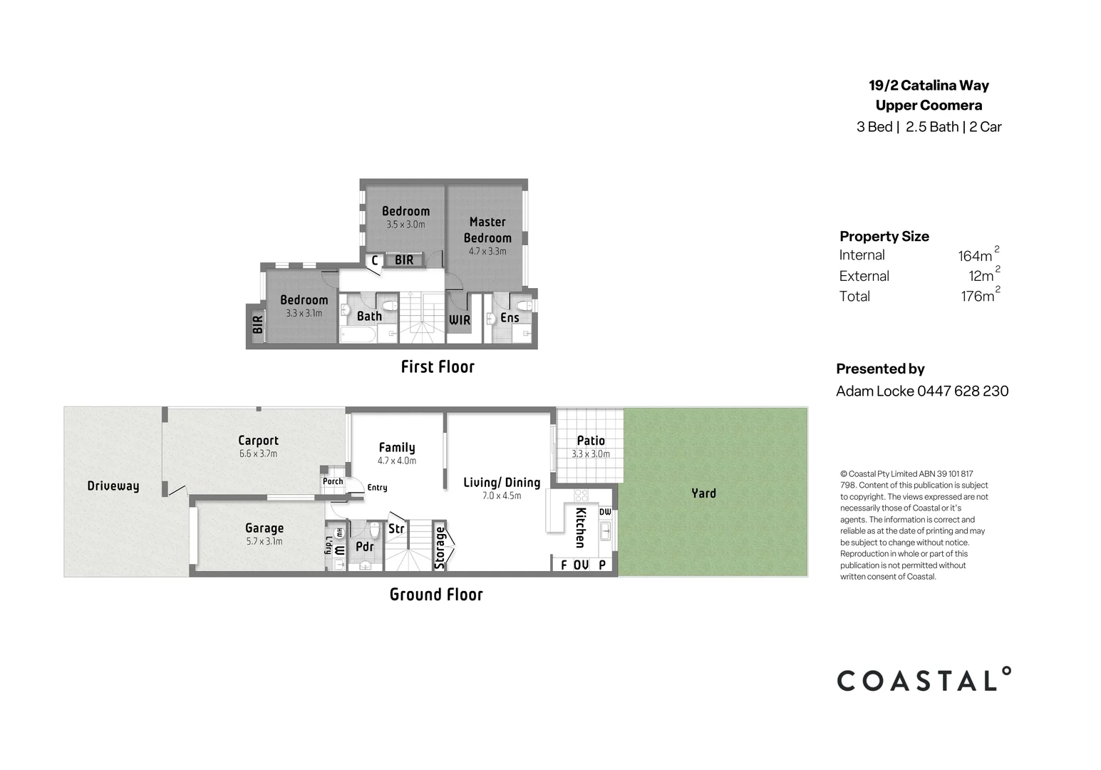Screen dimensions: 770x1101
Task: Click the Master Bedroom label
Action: click(487, 230)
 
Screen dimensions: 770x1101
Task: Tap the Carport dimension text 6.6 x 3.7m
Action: click(258, 454)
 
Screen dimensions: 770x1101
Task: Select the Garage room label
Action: click(264, 528)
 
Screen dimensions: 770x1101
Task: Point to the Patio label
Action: click(591, 441)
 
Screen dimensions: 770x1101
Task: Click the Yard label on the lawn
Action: click(703, 493)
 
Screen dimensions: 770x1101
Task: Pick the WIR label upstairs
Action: click(460, 320)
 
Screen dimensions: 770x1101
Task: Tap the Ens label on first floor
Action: click(510, 318)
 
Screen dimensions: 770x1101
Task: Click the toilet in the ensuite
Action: click(525, 306)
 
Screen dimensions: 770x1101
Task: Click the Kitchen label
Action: click(580, 528)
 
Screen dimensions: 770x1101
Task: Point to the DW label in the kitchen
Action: click(605, 512)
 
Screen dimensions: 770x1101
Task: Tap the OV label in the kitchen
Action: click(581, 565)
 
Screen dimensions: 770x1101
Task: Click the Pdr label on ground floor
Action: click(364, 547)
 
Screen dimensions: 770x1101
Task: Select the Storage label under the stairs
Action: click(440, 548)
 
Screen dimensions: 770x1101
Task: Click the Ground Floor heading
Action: click(436, 595)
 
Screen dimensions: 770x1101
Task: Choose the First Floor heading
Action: click(438, 366)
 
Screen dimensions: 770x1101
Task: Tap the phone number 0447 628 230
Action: click(963, 391)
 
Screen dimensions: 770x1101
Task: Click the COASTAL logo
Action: click(924, 680)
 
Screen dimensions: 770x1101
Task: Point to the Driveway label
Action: click(113, 486)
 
